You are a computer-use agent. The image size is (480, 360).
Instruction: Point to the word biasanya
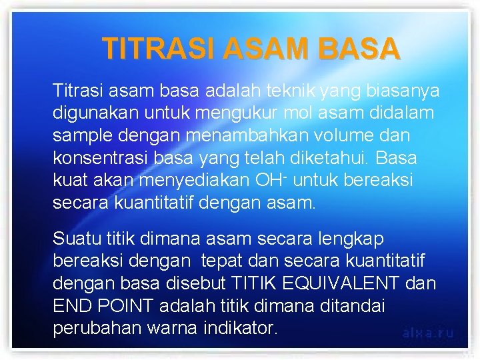(407, 90)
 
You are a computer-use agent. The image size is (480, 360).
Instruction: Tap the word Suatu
(73, 239)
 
